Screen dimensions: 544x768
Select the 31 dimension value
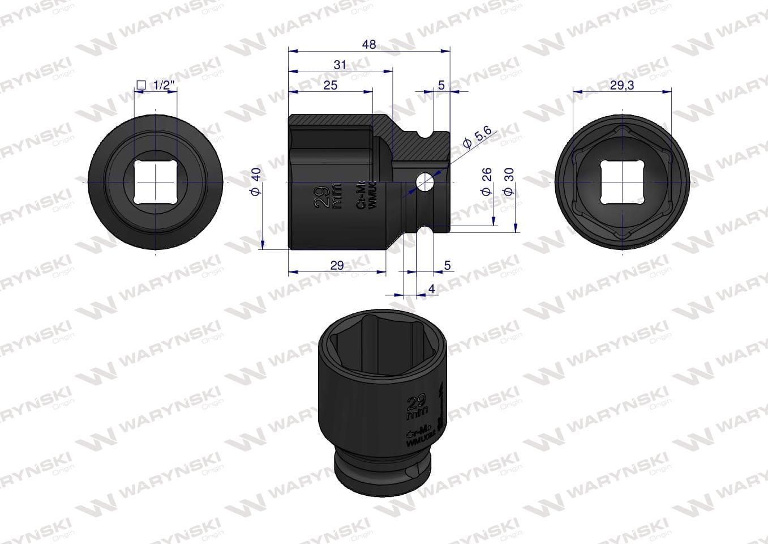click(x=340, y=65)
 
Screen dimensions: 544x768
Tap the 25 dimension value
click(x=331, y=85)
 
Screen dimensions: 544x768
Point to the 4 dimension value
click(x=432, y=289)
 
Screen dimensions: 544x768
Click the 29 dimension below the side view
click(x=337, y=265)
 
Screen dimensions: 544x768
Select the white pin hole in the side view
click(x=424, y=182)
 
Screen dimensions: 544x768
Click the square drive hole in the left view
click(x=156, y=182)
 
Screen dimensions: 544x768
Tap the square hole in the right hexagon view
click(x=623, y=182)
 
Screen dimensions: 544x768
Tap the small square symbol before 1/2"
click(x=141, y=85)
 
